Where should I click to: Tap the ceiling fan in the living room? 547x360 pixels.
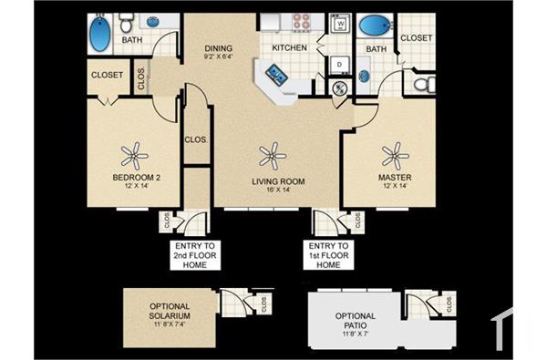tap(271, 156)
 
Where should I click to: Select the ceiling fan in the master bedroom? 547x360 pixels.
tap(395, 152)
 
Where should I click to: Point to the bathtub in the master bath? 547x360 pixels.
tap(374, 26)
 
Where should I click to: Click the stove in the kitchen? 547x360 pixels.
tap(300, 21)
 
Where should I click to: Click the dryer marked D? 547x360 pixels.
tap(337, 64)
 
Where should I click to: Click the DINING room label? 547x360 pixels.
tap(218, 48)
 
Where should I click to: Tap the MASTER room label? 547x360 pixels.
tap(395, 177)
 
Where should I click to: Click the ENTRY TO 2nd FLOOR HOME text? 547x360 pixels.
tap(192, 256)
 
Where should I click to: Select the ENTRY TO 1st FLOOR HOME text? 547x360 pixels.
tap(328, 256)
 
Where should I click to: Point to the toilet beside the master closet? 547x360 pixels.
tap(421, 85)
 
